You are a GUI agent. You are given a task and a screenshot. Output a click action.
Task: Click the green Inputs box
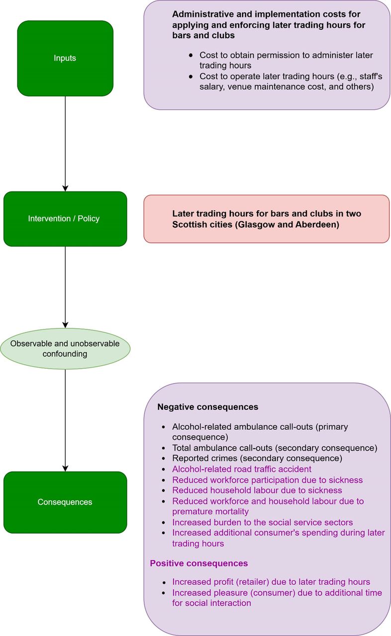pos(65,58)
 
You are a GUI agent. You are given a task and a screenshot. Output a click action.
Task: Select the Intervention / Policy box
pos(65,219)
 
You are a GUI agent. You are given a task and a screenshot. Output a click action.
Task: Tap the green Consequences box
pos(65,502)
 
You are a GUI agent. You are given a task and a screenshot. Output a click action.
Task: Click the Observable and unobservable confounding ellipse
pos(65,349)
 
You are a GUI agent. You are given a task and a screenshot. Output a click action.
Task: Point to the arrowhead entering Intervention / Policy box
pos(65,188)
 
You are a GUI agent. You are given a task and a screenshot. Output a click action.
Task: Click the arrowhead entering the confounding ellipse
pos(65,325)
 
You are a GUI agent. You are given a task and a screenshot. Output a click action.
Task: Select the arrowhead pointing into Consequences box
pos(65,469)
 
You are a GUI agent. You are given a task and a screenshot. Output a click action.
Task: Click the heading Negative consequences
pos(208,407)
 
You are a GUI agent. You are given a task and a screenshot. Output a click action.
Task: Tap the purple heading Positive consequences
pos(199,563)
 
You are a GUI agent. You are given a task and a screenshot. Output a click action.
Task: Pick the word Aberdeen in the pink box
pos(316,225)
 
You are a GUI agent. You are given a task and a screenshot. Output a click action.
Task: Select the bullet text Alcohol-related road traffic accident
pos(242,469)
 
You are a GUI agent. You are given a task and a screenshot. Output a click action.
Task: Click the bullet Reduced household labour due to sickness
pos(257,490)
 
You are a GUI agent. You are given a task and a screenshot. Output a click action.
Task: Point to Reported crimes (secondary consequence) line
pos(257,458)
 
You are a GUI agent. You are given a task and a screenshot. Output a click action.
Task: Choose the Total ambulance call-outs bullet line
pos(275,448)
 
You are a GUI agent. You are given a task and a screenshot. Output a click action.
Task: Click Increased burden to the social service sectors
pos(263,522)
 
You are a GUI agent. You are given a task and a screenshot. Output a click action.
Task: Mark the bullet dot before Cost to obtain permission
pos(191,55)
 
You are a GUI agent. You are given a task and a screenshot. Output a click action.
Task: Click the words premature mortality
pos(210,511)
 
